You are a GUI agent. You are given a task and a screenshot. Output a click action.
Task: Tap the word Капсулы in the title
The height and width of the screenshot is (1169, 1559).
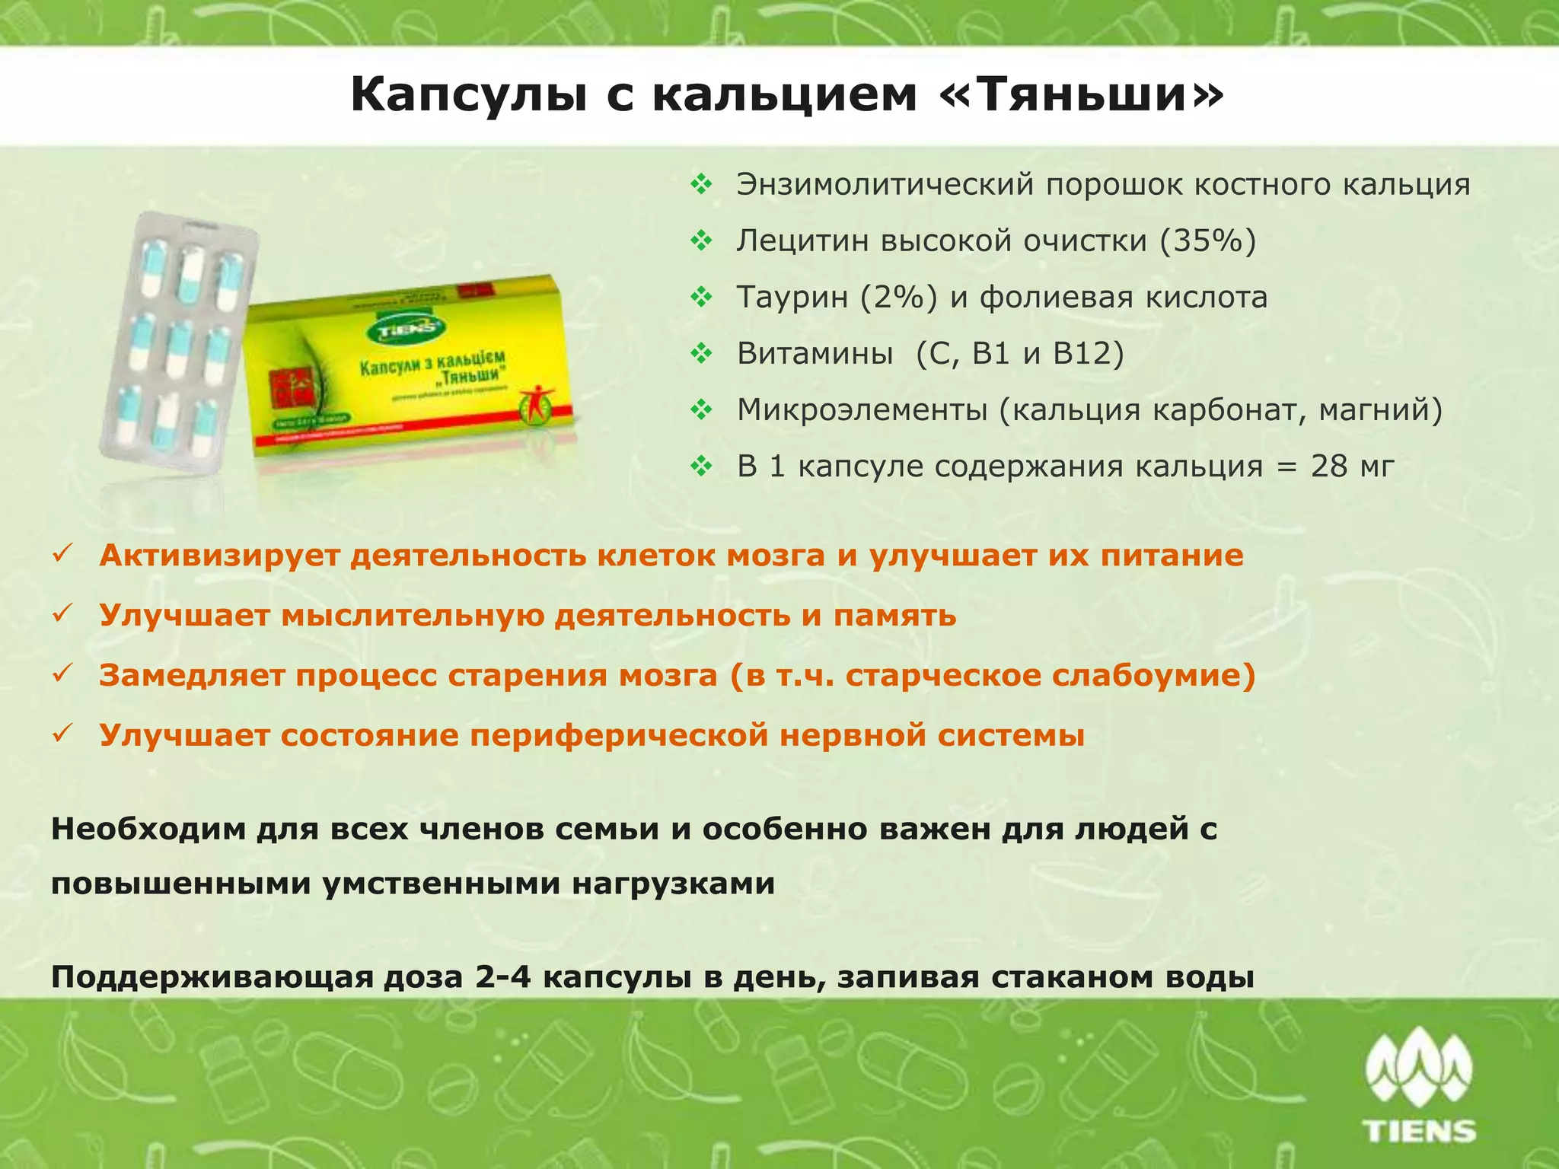point(468,96)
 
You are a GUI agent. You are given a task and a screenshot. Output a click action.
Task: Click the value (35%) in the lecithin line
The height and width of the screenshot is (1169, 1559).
point(1208,241)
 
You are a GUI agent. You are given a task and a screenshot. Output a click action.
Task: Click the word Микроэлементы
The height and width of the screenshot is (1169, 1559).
point(862,410)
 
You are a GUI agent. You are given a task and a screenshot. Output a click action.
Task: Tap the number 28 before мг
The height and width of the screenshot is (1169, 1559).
point(1329,467)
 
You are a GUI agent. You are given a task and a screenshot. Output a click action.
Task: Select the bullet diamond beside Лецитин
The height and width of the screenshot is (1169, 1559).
point(701,241)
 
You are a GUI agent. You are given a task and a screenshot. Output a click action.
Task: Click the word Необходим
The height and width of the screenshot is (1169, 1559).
point(148,828)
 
